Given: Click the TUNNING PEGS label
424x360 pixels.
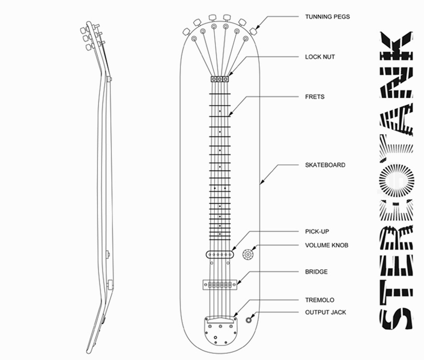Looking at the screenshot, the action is [x=327, y=17].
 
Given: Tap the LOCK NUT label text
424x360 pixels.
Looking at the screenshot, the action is [x=320, y=57].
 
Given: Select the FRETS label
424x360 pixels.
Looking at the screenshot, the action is [x=315, y=96].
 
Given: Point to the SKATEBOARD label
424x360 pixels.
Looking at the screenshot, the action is [x=325, y=165].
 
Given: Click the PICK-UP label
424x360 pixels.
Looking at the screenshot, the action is [x=317, y=231].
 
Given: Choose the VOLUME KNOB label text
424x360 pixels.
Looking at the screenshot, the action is [x=327, y=245].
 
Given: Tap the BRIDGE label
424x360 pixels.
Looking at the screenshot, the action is [x=316, y=271].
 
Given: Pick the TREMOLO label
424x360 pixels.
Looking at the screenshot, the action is [x=320, y=300].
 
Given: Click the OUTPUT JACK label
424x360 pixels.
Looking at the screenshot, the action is [x=326, y=312].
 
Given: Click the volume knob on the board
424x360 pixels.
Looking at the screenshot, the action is [x=247, y=254].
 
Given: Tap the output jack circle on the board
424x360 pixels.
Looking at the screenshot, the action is [x=249, y=320].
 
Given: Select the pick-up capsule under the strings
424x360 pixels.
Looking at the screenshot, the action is [x=220, y=254].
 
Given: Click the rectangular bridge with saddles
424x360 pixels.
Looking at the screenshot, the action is [x=220, y=285].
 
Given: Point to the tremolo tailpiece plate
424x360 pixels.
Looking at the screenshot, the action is [x=220, y=331].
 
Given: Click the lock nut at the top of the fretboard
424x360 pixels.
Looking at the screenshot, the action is [x=220, y=79].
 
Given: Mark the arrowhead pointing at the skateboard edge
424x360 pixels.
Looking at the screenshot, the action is [x=261, y=183].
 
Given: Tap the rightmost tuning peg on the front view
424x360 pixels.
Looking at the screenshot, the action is [x=253, y=32].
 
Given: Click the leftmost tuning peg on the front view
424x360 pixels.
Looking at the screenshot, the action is [x=187, y=32].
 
